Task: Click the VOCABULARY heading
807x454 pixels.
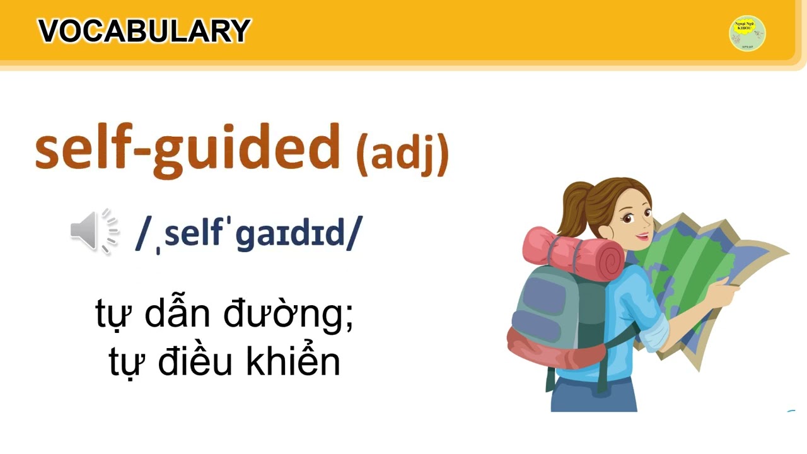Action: [144, 32]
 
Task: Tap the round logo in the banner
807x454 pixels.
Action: [747, 33]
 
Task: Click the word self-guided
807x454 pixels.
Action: [187, 148]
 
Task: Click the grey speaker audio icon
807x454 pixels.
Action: [93, 231]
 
